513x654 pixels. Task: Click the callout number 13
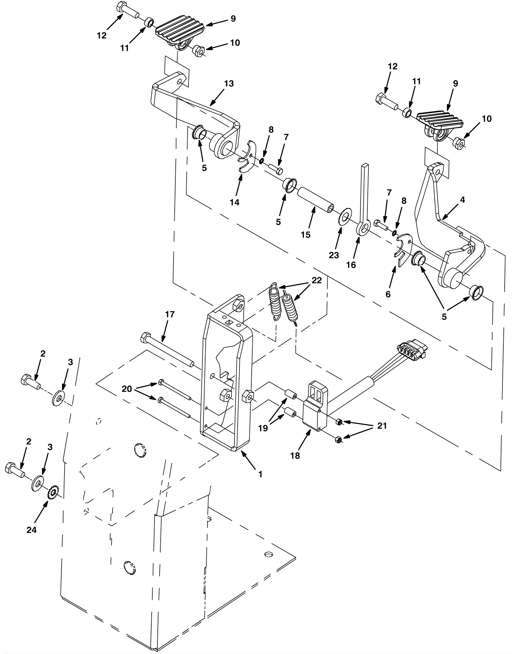pos(229,84)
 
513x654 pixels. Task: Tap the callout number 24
pos(31,530)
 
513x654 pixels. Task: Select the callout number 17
pos(170,315)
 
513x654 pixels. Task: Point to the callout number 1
pos(260,474)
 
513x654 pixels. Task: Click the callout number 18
pos(295,455)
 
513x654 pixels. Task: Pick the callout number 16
pos(351,265)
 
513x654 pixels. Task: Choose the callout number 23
pos(334,255)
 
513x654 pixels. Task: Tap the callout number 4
pos(462,200)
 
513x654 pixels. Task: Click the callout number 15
pos(306,235)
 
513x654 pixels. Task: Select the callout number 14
pos(234,202)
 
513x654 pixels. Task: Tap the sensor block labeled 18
pos(315,406)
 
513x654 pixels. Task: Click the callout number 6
pos(388,294)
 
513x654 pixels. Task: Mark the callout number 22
pos(317,280)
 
